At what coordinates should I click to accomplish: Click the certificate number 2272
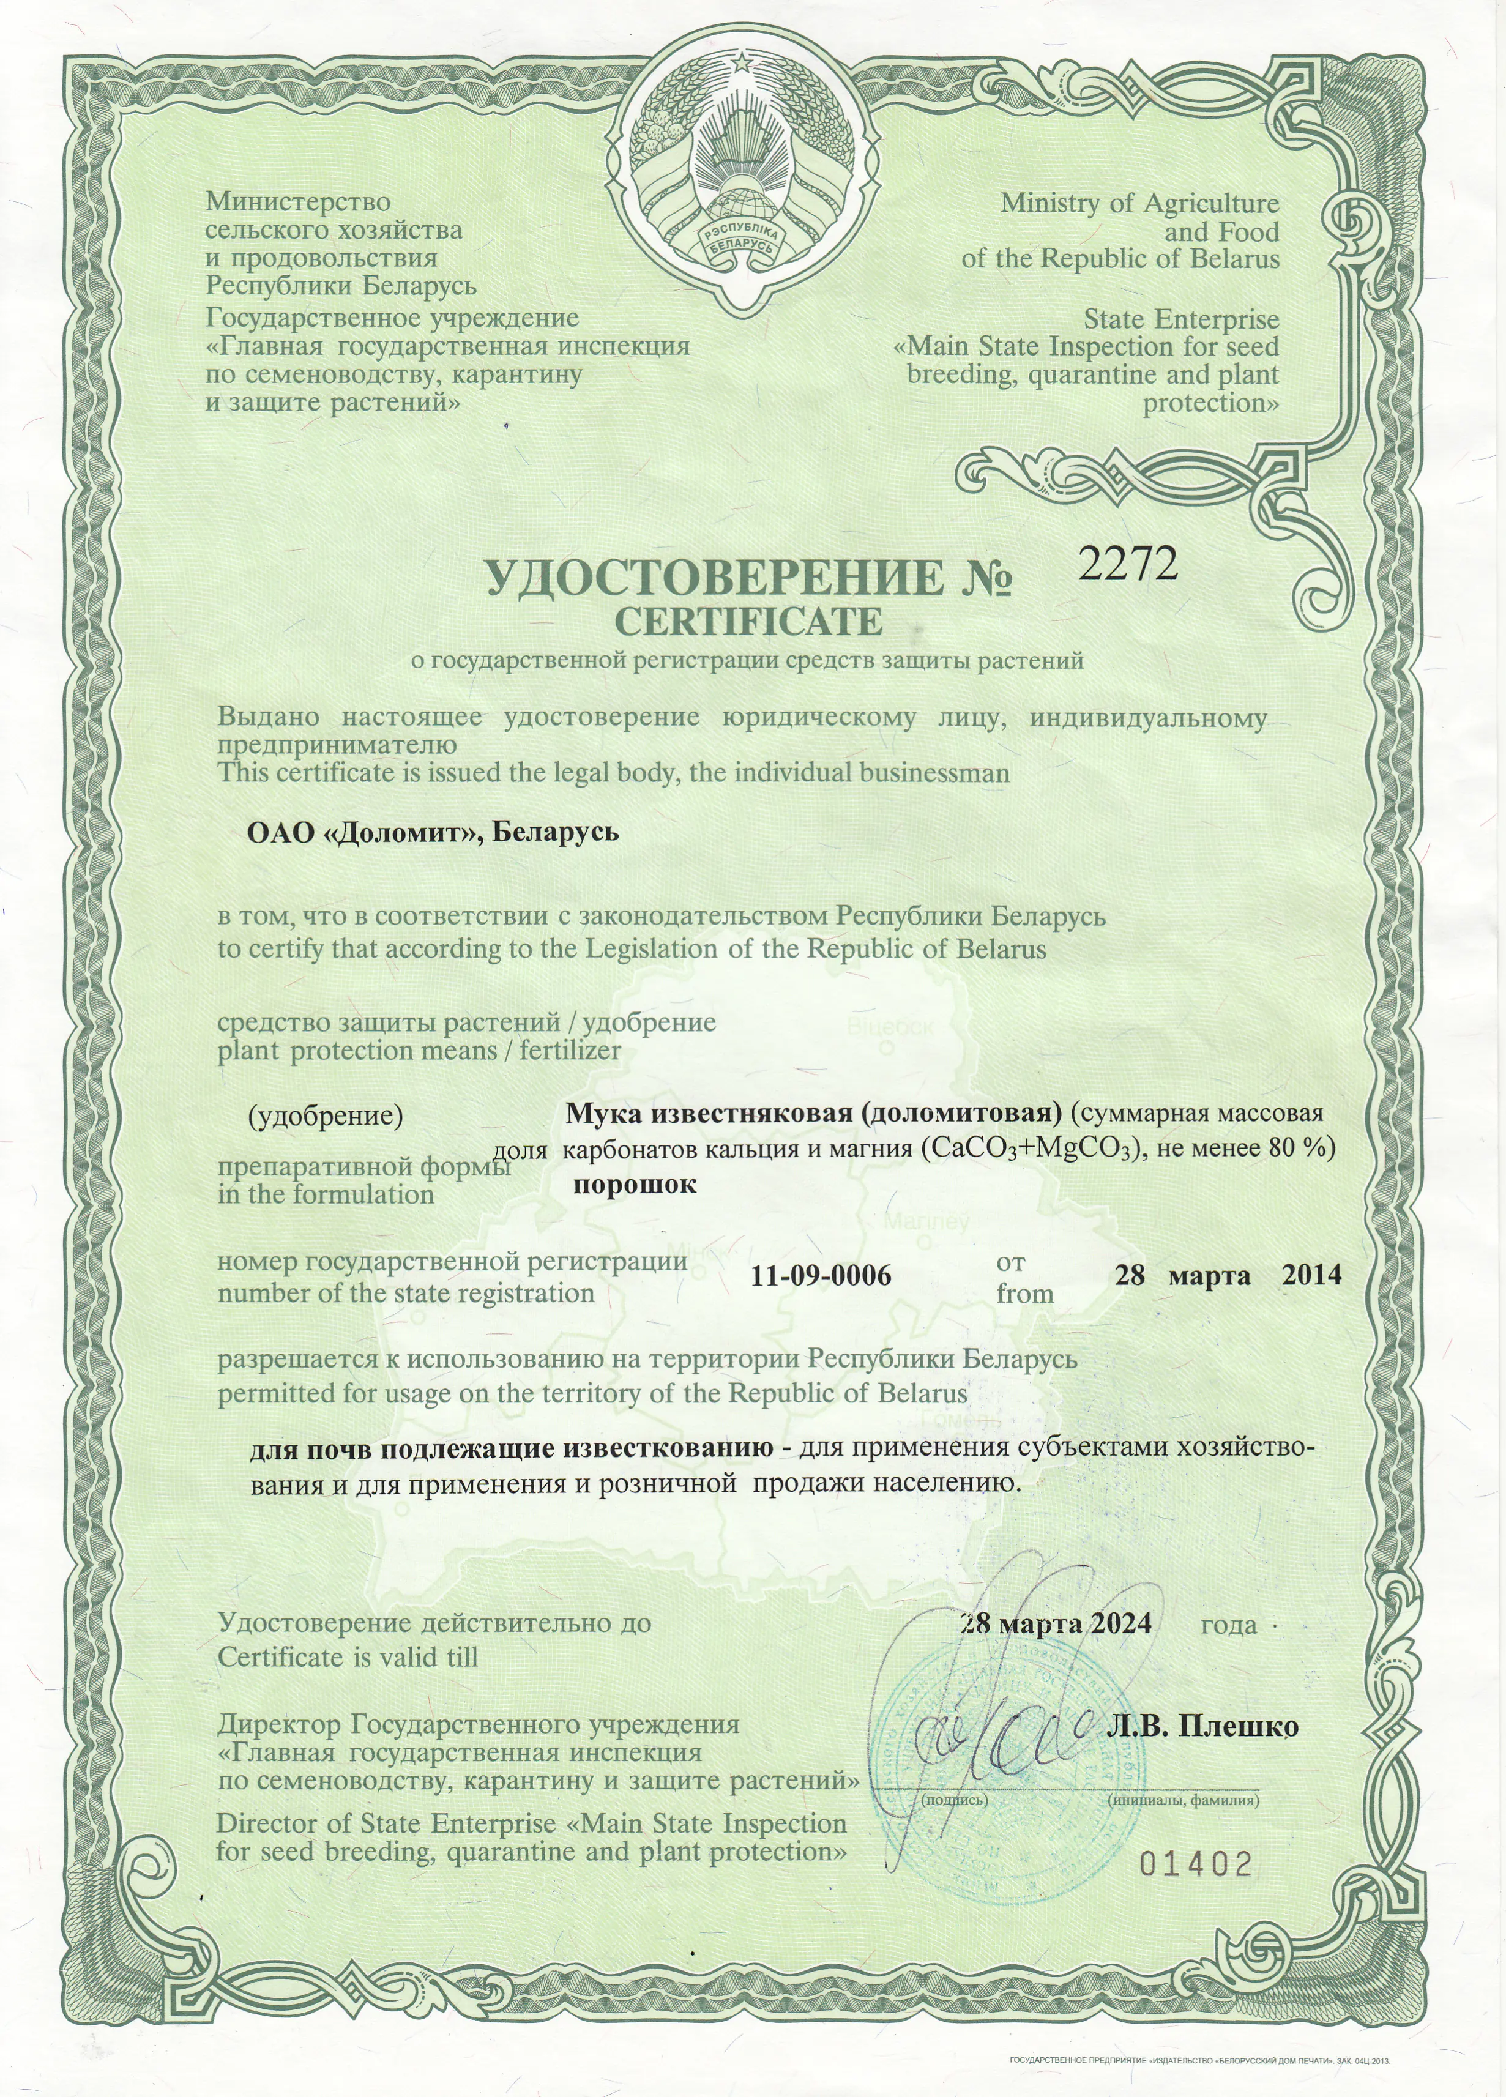click(x=1129, y=562)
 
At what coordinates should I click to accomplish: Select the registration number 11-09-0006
click(x=821, y=1276)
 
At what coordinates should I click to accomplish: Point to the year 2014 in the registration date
click(x=1311, y=1275)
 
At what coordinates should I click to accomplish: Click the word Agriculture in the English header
click(x=1210, y=203)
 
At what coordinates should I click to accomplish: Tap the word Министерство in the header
click(x=297, y=201)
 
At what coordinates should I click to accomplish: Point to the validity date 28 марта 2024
click(x=1056, y=1623)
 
